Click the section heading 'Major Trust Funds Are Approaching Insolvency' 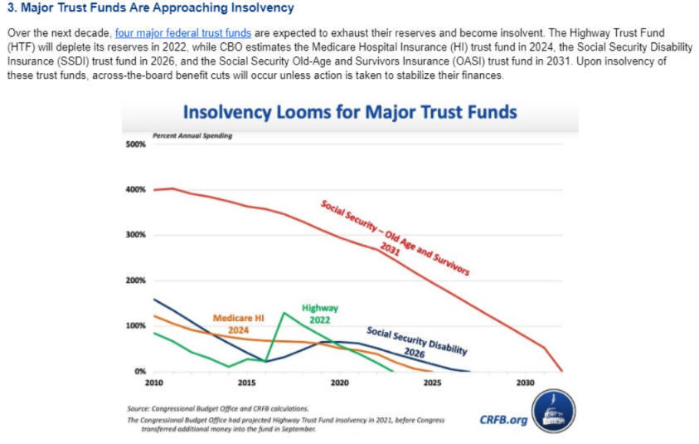(x=150, y=8)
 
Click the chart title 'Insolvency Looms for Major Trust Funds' (x=349, y=112)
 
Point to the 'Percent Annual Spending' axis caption (x=192, y=135)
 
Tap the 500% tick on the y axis (x=135, y=144)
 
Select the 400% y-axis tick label (x=135, y=190)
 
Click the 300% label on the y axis (x=135, y=235)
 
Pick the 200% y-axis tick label (x=135, y=281)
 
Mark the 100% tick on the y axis (x=135, y=326)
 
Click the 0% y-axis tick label (x=139, y=371)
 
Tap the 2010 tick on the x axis (x=154, y=383)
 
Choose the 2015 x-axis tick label (x=246, y=383)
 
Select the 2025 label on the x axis (x=431, y=383)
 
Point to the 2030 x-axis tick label (x=523, y=383)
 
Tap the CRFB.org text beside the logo (x=503, y=419)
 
